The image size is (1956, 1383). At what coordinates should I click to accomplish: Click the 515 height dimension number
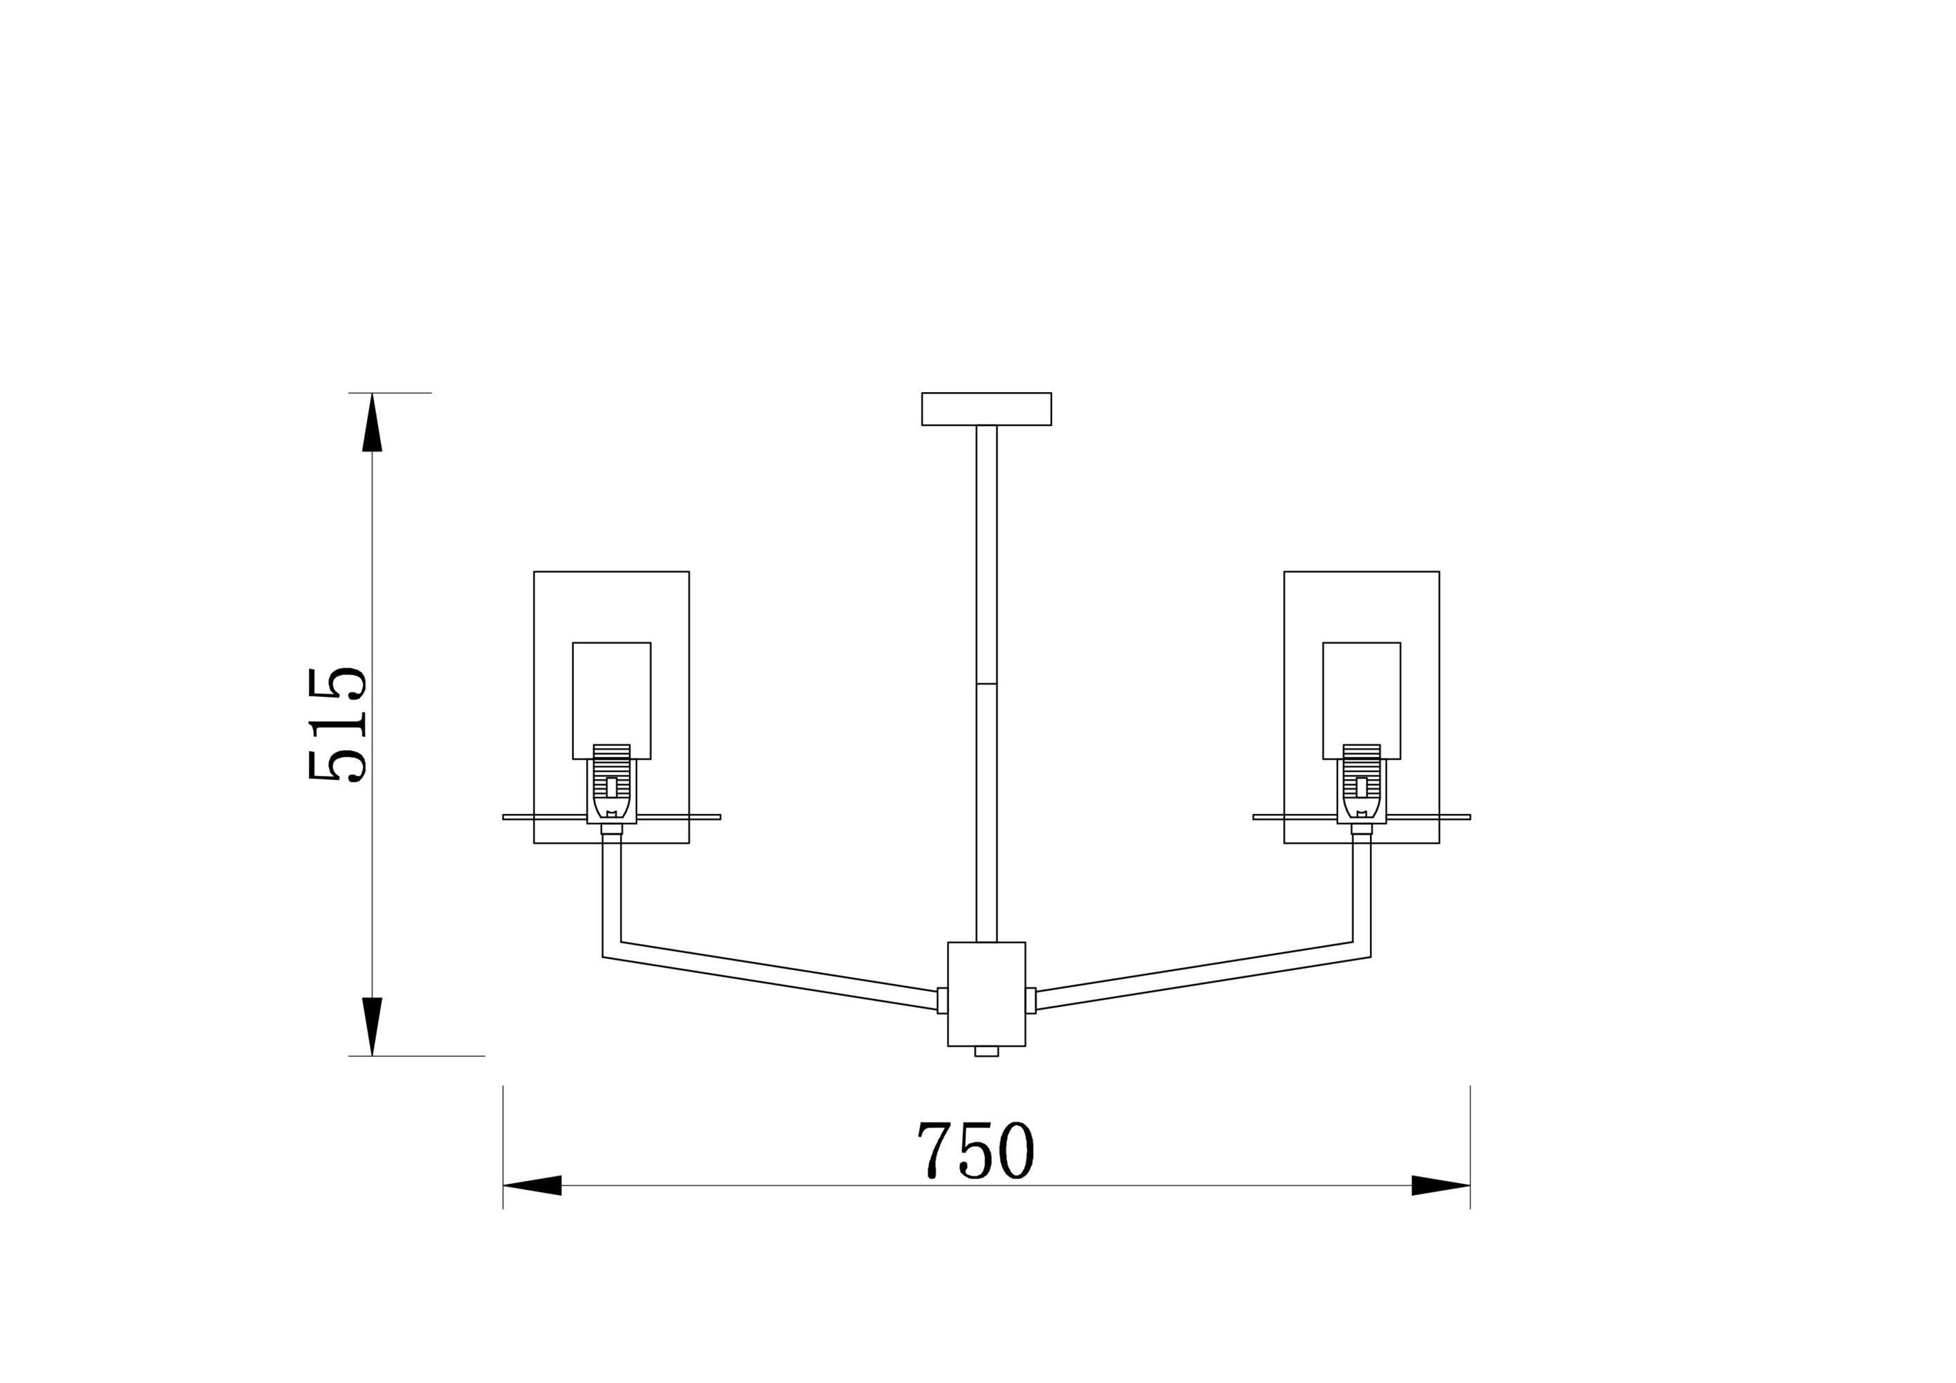[x=337, y=723]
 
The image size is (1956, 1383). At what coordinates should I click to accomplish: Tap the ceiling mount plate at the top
[x=986, y=409]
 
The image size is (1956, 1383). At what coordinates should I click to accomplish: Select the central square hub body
[x=986, y=994]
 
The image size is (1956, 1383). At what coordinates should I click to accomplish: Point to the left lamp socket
[x=612, y=784]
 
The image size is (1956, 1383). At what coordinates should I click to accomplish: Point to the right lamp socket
[x=1362, y=784]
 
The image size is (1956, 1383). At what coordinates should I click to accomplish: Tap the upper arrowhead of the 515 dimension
[x=373, y=422]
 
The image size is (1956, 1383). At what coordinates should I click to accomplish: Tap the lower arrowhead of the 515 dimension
[x=373, y=1027]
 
